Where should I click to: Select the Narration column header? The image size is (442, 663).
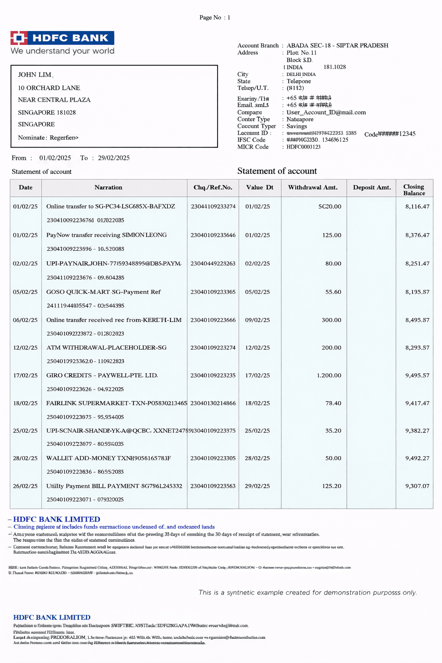pos(108,187)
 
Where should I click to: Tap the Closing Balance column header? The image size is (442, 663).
pos(414,190)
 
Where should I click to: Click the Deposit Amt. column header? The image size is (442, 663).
pos(372,187)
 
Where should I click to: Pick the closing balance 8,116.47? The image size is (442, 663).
pos(417,207)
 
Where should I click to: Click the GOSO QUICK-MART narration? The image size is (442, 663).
pos(103,292)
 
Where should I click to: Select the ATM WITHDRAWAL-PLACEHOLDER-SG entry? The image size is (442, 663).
pos(106,347)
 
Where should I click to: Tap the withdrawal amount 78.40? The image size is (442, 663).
pos(333,403)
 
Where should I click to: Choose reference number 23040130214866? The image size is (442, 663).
pos(213,403)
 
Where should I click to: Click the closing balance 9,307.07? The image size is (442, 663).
pos(417,486)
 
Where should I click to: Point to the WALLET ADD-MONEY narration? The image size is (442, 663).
pos(108,458)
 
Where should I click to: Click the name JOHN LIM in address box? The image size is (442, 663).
pos(35,75)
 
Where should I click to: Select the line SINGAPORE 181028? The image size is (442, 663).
pos(47,112)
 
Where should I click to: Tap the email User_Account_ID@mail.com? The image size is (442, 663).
pos(326,112)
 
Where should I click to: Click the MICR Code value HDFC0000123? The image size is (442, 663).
pos(303,147)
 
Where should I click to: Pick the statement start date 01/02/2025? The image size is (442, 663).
pos(55,158)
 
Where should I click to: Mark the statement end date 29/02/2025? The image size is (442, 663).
pos(114,158)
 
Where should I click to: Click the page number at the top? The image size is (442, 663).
pos(215,17)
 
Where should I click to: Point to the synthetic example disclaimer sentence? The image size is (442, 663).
pos(308,593)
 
